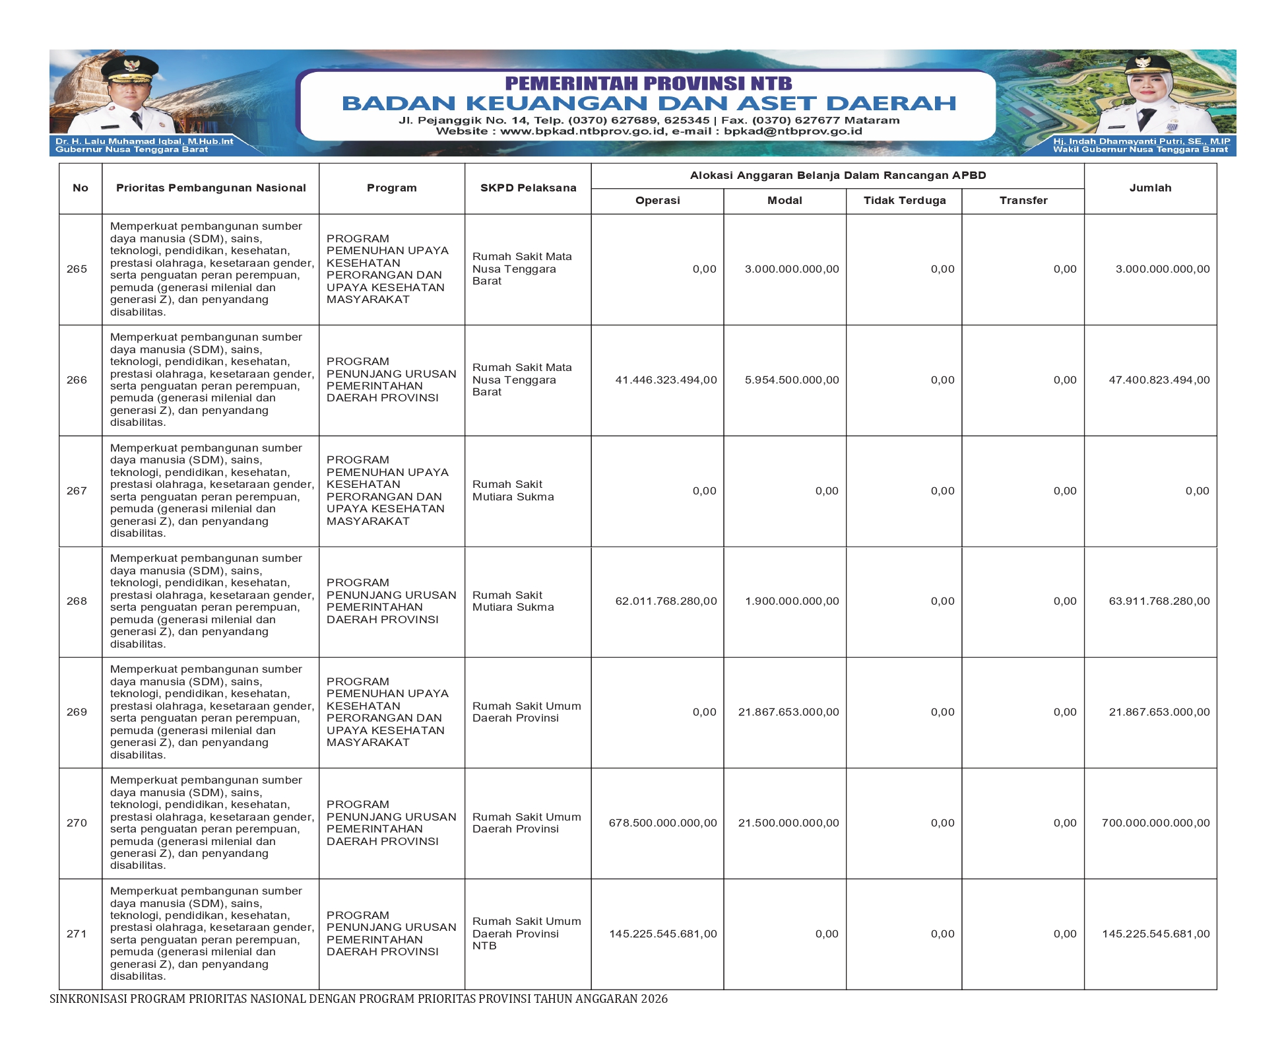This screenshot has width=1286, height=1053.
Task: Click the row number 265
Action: pos(77,269)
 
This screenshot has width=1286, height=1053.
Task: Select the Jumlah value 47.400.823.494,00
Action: pos(1159,380)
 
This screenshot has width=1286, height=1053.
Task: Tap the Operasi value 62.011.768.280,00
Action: pos(665,601)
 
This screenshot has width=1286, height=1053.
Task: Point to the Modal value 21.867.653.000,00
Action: pos(788,712)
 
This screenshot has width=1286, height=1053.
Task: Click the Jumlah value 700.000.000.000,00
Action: pos(1155,823)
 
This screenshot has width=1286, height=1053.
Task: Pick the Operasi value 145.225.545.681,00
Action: pos(662,934)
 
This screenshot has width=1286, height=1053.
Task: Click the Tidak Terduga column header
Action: pos(904,201)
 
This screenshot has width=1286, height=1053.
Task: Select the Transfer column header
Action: pos(1023,201)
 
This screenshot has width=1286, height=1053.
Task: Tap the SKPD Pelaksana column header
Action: pos(528,188)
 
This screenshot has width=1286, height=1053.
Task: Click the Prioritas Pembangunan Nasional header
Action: pos(210,188)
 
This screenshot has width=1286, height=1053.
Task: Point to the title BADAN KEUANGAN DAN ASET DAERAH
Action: pos(649,104)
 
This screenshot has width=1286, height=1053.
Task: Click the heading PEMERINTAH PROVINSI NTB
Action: pos(648,84)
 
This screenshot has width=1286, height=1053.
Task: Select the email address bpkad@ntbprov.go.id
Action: pos(792,131)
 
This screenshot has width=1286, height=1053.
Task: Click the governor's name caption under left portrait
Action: pos(144,141)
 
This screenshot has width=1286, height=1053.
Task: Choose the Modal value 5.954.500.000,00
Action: pos(791,380)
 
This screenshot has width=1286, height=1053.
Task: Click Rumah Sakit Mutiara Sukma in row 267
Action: pos(513,491)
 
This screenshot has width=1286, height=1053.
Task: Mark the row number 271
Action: pos(77,934)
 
